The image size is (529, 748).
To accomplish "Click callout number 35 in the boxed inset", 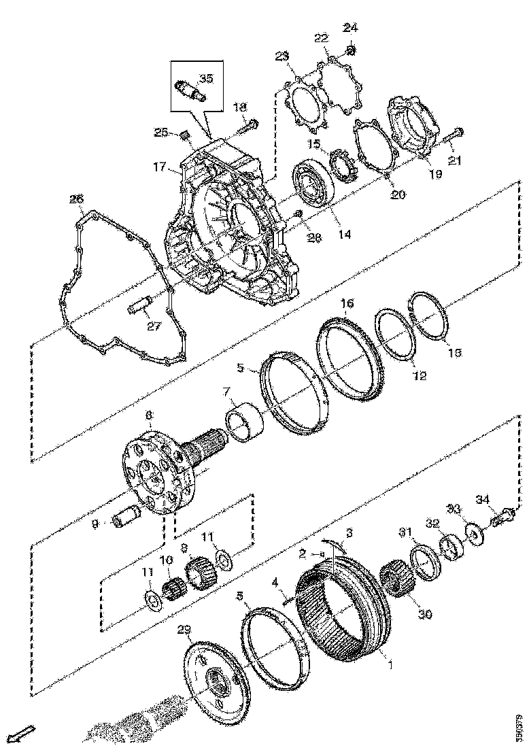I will [205, 78].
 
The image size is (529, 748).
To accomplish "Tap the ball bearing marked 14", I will [311, 183].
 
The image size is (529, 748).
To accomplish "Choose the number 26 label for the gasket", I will [76, 199].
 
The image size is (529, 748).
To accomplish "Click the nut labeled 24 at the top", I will [351, 50].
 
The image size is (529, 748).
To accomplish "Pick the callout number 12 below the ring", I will [420, 375].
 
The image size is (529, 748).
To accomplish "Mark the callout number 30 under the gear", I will [425, 614].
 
